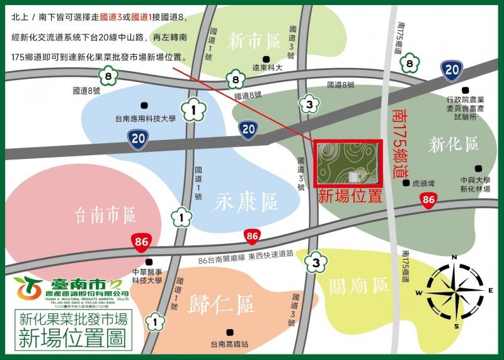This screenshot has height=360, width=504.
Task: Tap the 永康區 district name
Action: (x=246, y=203)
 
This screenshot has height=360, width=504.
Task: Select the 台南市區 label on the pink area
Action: (x=105, y=216)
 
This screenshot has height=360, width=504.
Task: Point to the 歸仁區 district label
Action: (x=220, y=305)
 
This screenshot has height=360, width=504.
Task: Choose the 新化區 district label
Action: (x=454, y=144)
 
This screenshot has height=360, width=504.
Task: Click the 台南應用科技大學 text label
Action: (x=144, y=117)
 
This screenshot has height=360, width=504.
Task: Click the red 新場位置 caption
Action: (x=350, y=195)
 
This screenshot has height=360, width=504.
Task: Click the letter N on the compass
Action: (x=455, y=258)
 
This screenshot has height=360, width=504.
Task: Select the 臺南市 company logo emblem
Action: (x=28, y=288)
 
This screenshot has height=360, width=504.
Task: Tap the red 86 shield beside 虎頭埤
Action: (x=428, y=201)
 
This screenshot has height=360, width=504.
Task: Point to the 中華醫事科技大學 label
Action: (x=147, y=276)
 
